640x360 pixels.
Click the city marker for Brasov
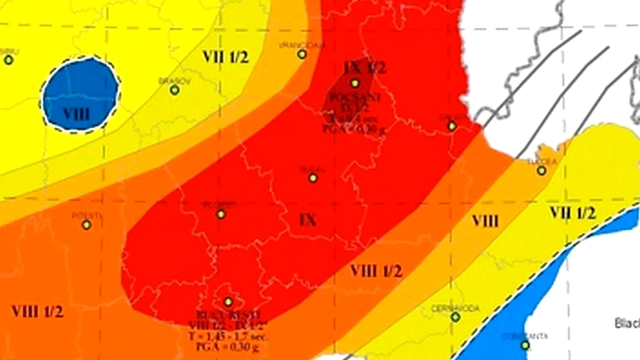pos(174,90)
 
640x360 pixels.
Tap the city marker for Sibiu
pos(8,60)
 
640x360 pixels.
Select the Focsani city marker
pos(354,83)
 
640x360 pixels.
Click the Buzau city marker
pos(313,178)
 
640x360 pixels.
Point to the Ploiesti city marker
pos(221,214)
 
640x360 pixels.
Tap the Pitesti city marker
pos(86,224)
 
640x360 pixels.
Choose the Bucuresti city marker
pos(228,302)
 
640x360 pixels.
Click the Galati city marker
pos(451,126)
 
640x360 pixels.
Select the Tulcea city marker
pos(541,170)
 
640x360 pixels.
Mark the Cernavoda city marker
pos(455,317)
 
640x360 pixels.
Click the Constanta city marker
pos(525,345)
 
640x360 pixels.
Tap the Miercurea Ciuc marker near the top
pos(302,54)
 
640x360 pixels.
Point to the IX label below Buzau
pos(308,219)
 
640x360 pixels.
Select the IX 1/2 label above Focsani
pos(365,67)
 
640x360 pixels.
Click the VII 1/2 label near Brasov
pos(225,56)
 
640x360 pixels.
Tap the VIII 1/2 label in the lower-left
pos(37,311)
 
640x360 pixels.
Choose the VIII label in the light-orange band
pos(485,220)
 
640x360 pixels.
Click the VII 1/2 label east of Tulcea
pos(572,213)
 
